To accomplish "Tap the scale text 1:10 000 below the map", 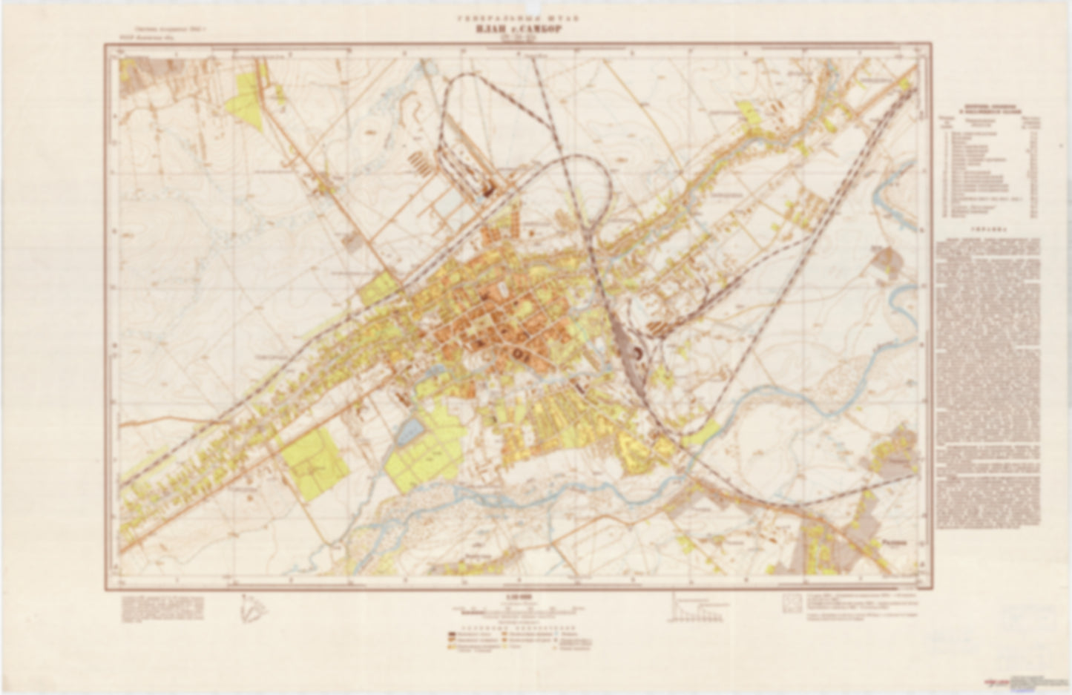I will (x=518, y=597).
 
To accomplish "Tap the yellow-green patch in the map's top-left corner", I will (x=251, y=100).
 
